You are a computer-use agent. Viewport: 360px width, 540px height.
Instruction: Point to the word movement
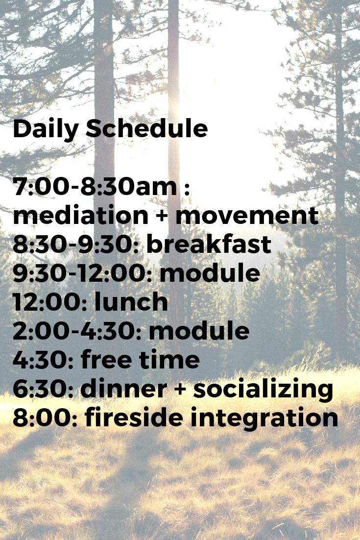[247, 216]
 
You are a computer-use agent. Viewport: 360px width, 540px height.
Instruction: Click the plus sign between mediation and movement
[162, 216]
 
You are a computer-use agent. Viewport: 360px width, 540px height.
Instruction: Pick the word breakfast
[209, 244]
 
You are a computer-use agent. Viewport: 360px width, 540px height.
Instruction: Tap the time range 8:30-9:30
[76, 244]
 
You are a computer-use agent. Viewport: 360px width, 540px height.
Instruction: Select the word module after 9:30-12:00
[210, 273]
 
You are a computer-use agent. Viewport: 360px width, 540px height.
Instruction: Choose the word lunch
[131, 302]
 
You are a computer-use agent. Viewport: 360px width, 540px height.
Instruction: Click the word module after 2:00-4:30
[199, 331]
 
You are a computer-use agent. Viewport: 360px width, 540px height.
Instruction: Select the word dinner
[123, 389]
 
